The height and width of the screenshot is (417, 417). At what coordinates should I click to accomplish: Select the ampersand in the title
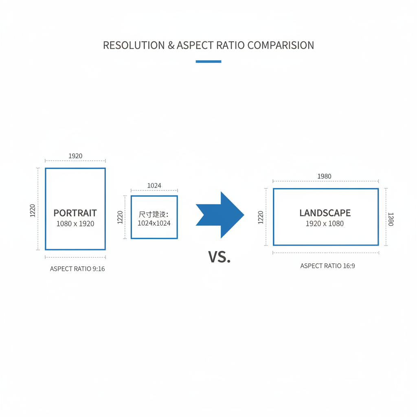(x=171, y=45)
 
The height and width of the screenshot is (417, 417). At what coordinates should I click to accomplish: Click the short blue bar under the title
(x=208, y=61)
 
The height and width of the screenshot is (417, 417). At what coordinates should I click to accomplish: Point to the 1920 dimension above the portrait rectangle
(x=75, y=156)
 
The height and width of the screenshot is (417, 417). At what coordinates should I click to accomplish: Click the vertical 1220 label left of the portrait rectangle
(x=33, y=210)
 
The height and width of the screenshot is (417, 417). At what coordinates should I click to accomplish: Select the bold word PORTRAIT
(x=75, y=213)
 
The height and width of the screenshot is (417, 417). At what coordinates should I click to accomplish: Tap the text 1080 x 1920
(x=75, y=224)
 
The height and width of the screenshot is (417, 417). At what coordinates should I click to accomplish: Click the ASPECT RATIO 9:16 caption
(x=77, y=269)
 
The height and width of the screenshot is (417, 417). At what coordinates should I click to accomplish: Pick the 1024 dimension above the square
(x=154, y=186)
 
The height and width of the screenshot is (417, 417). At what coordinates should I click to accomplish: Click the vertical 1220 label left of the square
(x=120, y=217)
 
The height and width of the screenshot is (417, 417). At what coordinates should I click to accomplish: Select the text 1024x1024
(x=154, y=223)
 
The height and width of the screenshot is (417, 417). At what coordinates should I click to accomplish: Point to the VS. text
(x=219, y=257)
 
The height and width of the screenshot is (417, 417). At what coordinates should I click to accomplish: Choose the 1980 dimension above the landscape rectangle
(x=324, y=176)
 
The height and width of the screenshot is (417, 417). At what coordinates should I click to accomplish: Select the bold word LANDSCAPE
(x=325, y=213)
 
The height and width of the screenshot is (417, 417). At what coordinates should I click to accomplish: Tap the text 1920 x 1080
(x=325, y=224)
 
